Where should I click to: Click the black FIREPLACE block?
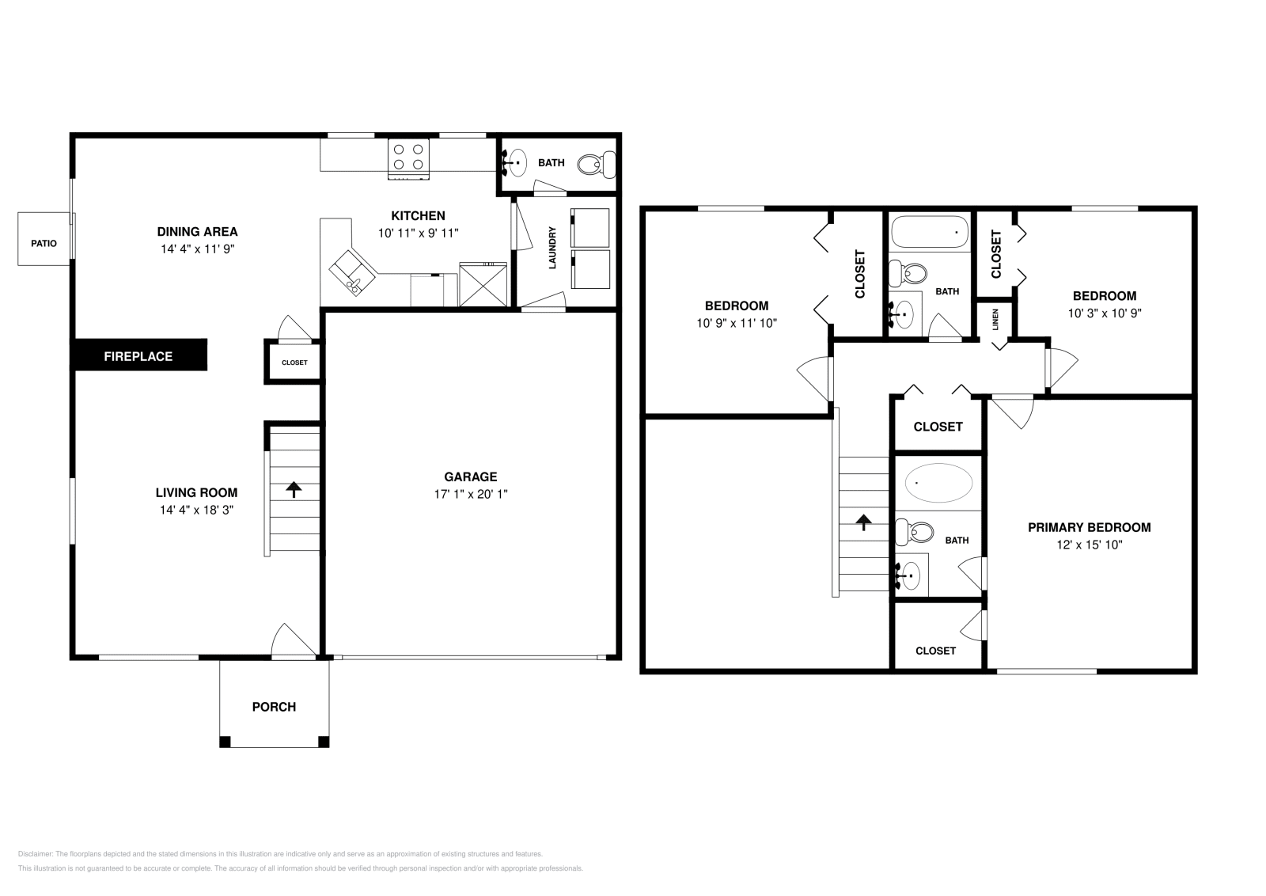pyautogui.click(x=139, y=355)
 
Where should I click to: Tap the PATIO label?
pyautogui.click(x=44, y=244)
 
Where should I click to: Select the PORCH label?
pyautogui.click(x=274, y=707)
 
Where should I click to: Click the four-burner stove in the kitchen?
pyautogui.click(x=408, y=156)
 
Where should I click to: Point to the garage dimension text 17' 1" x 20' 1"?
pyautogui.click(x=470, y=494)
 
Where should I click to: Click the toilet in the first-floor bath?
pyautogui.click(x=594, y=164)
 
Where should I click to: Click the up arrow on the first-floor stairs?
pyautogui.click(x=294, y=489)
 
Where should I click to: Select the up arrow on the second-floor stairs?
pyautogui.click(x=863, y=522)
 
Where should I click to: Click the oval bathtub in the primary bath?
pyautogui.click(x=938, y=483)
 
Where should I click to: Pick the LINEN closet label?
pyautogui.click(x=995, y=319)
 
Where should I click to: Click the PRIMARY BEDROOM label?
pyautogui.click(x=1089, y=527)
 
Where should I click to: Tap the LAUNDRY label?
pyautogui.click(x=552, y=247)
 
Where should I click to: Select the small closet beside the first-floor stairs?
pyautogui.click(x=294, y=363)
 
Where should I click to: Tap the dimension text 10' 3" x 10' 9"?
pyautogui.click(x=1104, y=313)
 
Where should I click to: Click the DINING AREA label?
pyautogui.click(x=197, y=232)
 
